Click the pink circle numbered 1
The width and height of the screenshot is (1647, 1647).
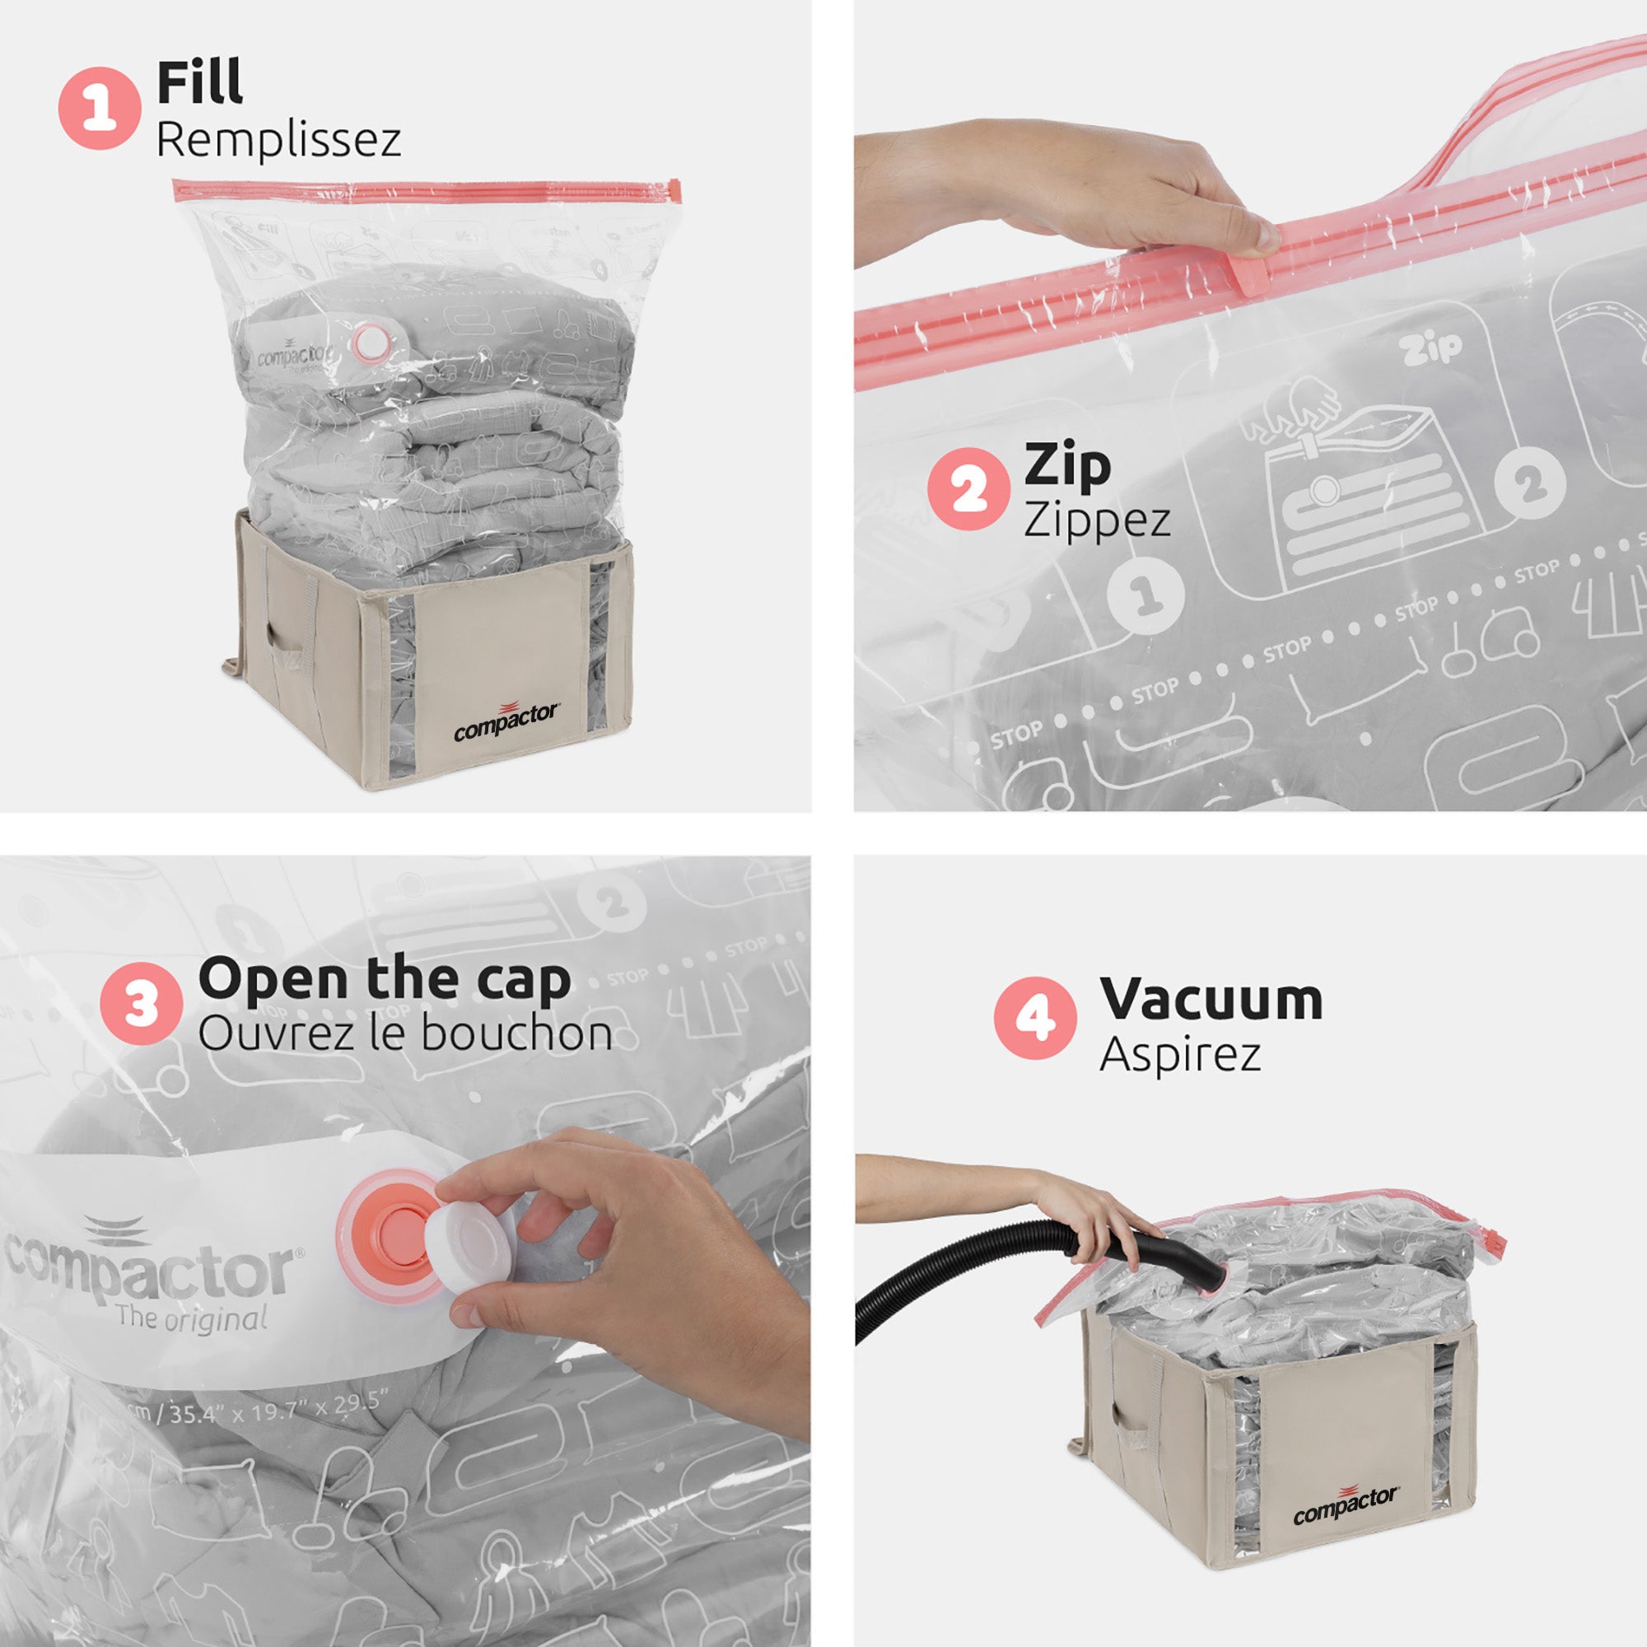(99, 110)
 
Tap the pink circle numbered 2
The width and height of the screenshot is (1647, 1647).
(968, 489)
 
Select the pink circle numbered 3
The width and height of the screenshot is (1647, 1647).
(141, 1003)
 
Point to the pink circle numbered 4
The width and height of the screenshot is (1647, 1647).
(1035, 1018)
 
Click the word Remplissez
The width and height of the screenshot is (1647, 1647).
(278, 139)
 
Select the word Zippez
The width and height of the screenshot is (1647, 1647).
(1096, 519)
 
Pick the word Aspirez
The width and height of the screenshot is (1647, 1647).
(1179, 1056)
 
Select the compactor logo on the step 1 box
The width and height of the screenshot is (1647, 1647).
(506, 722)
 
